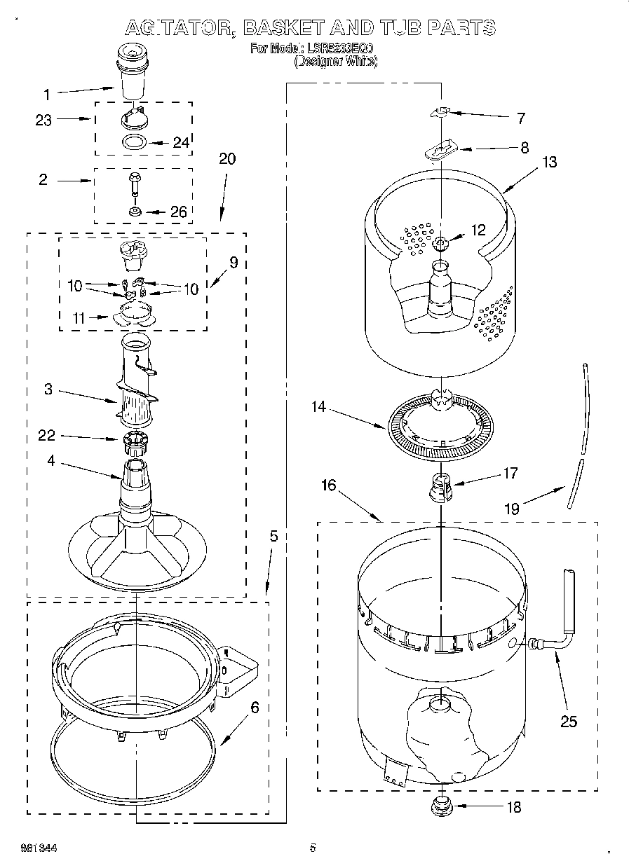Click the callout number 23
click(x=43, y=120)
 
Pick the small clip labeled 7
click(x=442, y=112)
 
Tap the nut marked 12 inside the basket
click(x=440, y=244)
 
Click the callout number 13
click(x=549, y=163)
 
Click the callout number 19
click(x=512, y=509)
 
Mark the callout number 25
click(x=568, y=721)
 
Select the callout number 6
click(x=255, y=708)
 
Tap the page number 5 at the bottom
click(x=313, y=848)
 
